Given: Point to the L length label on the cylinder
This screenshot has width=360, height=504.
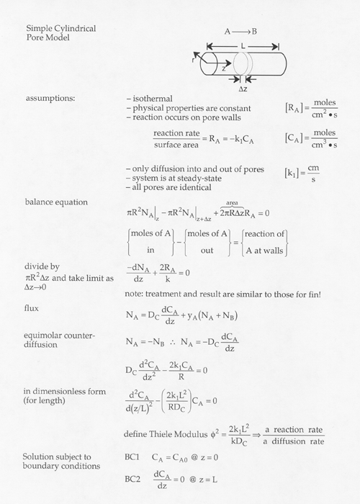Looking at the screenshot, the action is pyautogui.click(x=242, y=45).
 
